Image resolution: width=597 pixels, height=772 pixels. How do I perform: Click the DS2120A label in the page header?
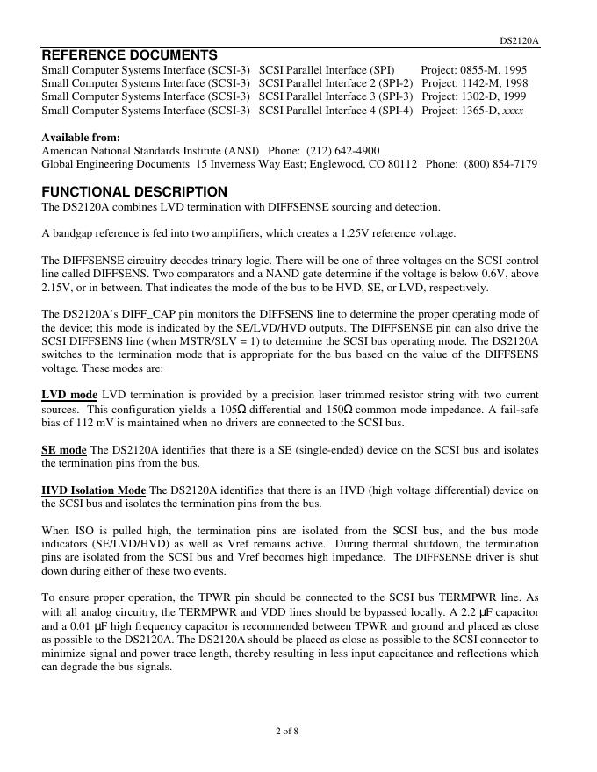pyautogui.click(x=520, y=40)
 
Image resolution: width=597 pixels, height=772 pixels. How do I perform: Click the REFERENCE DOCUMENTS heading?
pyautogui.click(x=130, y=55)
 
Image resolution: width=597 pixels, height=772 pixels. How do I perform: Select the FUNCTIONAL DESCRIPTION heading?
pyautogui.click(x=134, y=192)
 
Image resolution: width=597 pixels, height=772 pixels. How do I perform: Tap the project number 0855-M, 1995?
pyautogui.click(x=493, y=68)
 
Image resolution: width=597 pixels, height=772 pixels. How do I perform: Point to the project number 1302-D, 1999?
pyautogui.click(x=493, y=96)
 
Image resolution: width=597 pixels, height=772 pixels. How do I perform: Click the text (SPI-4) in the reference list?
pyautogui.click(x=395, y=111)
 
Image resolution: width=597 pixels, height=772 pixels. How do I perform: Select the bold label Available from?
pyautogui.click(x=81, y=138)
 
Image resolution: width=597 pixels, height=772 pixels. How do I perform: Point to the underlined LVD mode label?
pyautogui.click(x=69, y=396)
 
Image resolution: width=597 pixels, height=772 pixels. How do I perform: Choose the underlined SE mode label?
pyautogui.click(x=64, y=450)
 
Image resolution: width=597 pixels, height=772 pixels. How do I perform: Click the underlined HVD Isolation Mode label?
pyautogui.click(x=94, y=490)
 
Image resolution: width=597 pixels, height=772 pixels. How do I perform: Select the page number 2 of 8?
pyautogui.click(x=286, y=731)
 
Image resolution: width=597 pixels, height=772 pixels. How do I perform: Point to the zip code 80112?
pyautogui.click(x=402, y=164)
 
